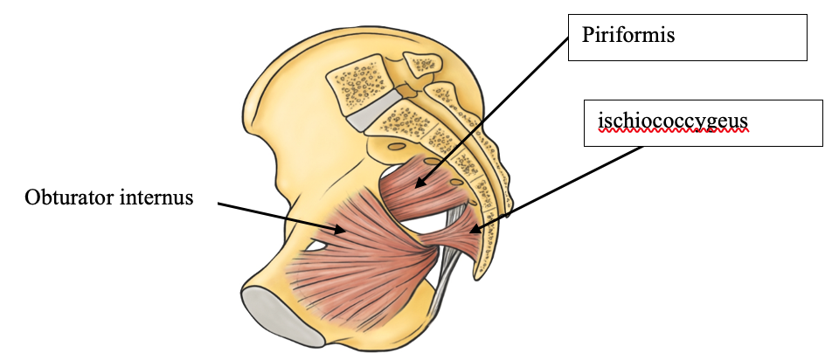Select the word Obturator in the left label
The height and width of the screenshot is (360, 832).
coord(66,197)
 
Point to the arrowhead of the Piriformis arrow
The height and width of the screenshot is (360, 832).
coord(416,186)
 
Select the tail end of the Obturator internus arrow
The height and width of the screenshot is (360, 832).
coord(218,206)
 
